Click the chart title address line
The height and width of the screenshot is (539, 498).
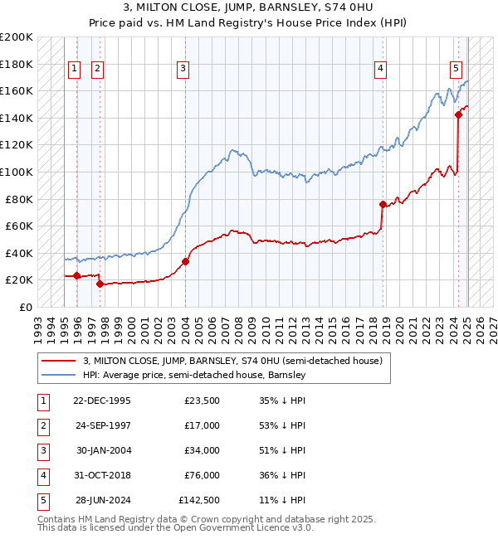coord(249,8)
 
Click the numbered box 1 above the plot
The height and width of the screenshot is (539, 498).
coord(75,69)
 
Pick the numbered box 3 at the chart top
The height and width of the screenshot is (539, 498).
coord(183,69)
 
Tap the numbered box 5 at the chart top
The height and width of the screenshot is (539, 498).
coord(456,69)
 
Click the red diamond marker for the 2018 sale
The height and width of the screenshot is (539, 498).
coord(383,204)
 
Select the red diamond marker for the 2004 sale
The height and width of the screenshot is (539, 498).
coord(185,261)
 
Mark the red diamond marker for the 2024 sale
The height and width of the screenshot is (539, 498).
coord(458,115)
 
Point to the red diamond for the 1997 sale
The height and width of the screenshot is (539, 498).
coord(100,284)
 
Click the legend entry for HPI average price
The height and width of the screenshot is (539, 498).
coord(194,375)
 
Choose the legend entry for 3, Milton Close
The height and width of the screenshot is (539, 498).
coord(232,361)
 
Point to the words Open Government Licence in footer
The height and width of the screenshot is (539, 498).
coord(241,527)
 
